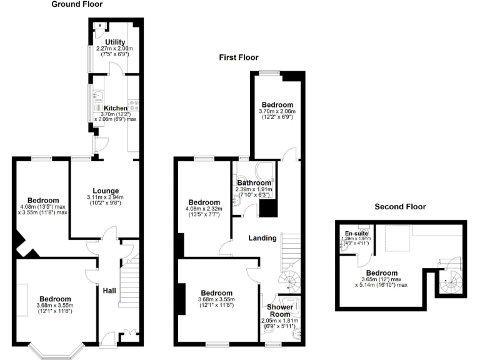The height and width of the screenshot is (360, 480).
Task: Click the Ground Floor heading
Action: (x=77, y=4)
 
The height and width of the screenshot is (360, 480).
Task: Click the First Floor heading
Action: (x=237, y=57)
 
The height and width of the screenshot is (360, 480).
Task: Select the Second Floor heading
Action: (x=400, y=206)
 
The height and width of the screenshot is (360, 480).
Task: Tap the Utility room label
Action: (x=115, y=42)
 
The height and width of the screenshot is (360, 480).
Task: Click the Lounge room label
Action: (x=106, y=191)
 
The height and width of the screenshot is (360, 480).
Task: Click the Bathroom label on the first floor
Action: (x=253, y=182)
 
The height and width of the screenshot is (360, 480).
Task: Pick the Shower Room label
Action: (x=279, y=311)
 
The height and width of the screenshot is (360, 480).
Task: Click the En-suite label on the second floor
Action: (x=357, y=234)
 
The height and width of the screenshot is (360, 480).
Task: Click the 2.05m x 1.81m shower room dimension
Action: (x=279, y=321)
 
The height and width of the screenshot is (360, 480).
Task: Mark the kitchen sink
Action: (x=99, y=97)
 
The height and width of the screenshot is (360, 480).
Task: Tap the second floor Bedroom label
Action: (x=381, y=272)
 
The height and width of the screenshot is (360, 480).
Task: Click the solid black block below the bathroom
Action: (x=267, y=207)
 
